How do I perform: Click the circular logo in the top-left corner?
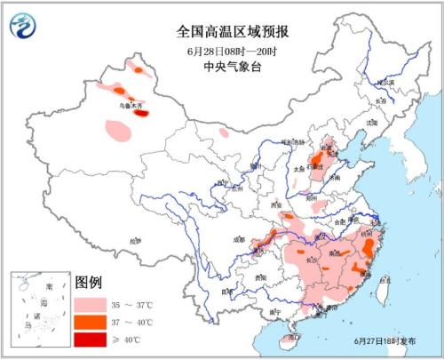[24, 28]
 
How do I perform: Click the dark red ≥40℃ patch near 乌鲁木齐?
[140, 112]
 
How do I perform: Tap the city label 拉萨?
[134, 241]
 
